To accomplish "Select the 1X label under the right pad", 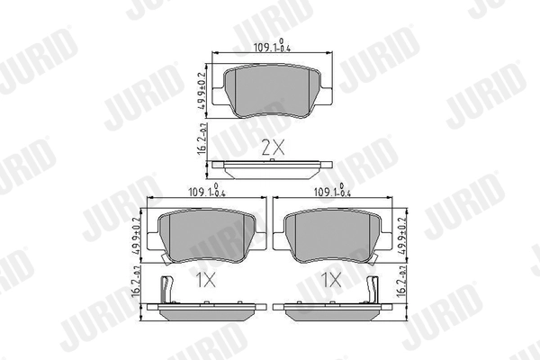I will (332, 280).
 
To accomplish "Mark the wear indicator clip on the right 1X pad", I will (373, 290).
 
